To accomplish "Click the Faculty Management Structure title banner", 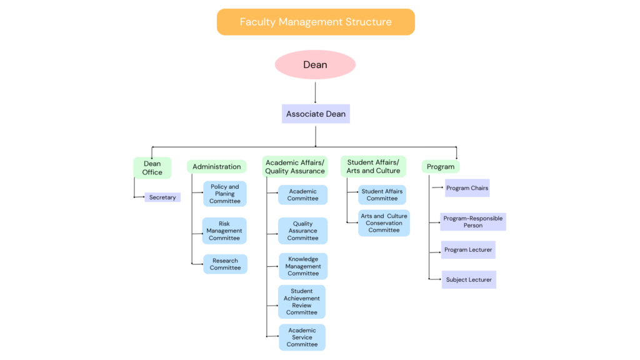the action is coord(316,22).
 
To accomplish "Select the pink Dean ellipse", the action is coord(315,64).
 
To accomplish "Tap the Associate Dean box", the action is coord(316,114).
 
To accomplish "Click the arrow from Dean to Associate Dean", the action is coord(315,92).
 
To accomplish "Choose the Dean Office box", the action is coord(152,167).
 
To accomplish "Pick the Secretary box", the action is coord(162,197).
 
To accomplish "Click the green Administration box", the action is coord(217,166).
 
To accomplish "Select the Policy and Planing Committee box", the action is coord(225,194).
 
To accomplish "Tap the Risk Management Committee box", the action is coord(224,231).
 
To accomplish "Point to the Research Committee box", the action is coord(225,264).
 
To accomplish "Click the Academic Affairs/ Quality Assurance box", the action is coord(295,166).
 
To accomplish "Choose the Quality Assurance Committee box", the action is coord(303,231).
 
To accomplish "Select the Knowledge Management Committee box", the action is coord(303,266).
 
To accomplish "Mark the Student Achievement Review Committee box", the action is coord(302,302).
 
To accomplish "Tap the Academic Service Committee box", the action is coord(302,337).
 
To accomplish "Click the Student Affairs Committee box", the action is coord(382,195).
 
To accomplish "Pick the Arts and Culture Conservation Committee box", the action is coord(384,223).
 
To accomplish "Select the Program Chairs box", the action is coord(467,188).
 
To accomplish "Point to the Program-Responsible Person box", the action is coord(473,222).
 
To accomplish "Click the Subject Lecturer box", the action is coord(469,279).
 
